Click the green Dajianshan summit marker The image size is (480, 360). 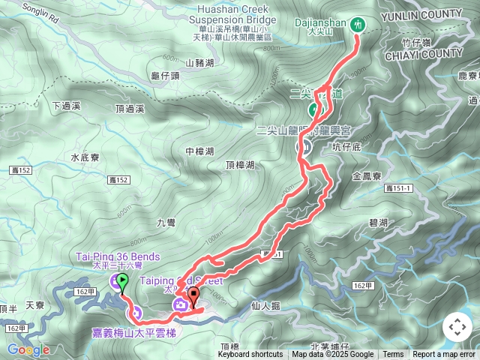click(x=358, y=23)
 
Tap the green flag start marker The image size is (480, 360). click(x=123, y=281)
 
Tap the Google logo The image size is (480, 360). click(x=28, y=349)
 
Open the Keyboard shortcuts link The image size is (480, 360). click(x=250, y=355)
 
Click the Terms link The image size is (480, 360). click(x=393, y=355)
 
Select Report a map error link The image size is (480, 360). click(x=443, y=355)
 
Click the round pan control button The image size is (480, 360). click(x=457, y=327)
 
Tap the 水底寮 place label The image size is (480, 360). click(x=85, y=157)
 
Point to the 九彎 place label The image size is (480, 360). click(x=166, y=222)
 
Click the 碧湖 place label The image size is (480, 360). click(x=378, y=223)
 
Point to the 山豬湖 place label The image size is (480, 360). click(x=199, y=63)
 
